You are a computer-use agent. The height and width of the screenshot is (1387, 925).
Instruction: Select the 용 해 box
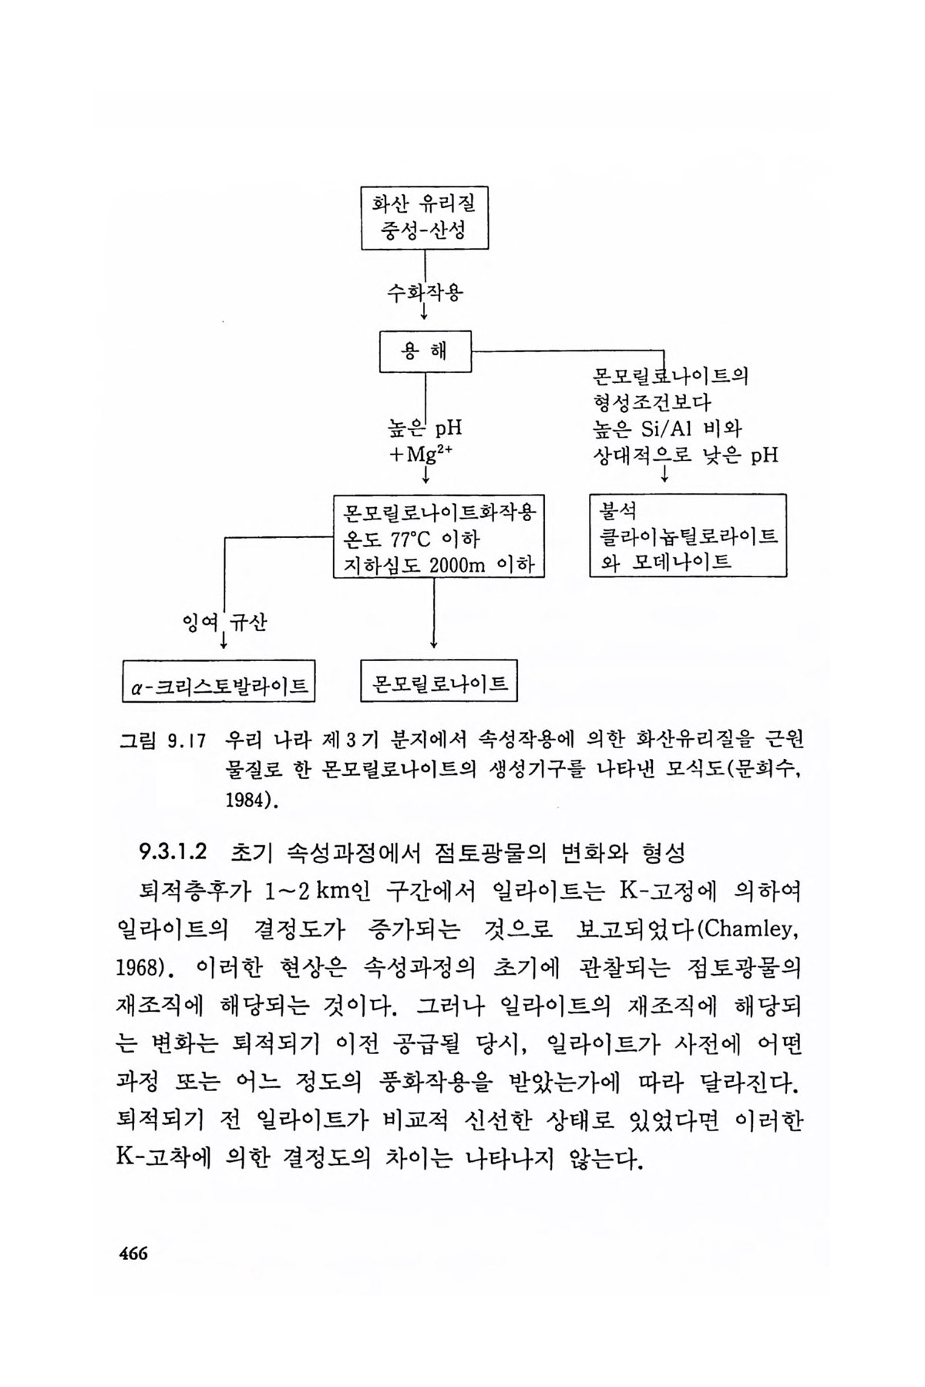click(425, 352)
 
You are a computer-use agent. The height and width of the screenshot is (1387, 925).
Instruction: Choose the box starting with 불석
click(688, 536)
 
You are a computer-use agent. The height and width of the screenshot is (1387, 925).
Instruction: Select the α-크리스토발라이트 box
click(220, 681)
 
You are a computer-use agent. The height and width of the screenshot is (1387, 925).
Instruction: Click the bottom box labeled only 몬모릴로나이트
click(439, 680)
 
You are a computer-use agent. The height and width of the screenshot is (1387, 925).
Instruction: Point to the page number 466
click(133, 1254)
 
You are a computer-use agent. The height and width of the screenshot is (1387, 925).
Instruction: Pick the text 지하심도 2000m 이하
click(438, 564)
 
